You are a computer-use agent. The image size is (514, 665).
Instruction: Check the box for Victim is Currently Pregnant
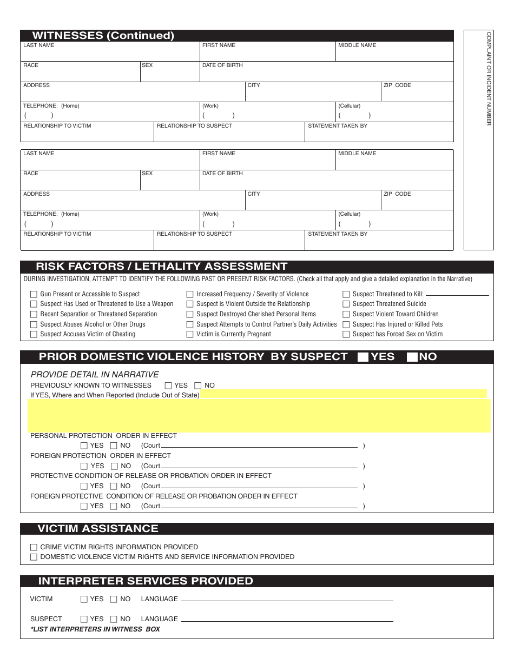click(x=190, y=335)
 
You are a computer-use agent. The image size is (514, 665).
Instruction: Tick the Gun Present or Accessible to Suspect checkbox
click(x=34, y=295)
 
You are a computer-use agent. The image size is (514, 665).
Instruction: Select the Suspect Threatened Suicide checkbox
click(x=346, y=304)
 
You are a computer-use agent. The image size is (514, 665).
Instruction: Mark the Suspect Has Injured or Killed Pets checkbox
click(x=346, y=324)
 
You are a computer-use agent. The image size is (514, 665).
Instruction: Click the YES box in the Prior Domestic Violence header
click(x=363, y=357)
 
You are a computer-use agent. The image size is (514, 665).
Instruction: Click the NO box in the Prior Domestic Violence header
click(x=412, y=357)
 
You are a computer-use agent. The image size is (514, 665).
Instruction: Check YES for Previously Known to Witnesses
click(x=168, y=385)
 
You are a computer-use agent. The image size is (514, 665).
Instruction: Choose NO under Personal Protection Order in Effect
click(x=114, y=446)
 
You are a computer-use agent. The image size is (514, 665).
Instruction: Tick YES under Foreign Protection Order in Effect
click(x=84, y=466)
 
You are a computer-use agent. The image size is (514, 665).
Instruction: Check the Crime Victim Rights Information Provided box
click(x=34, y=547)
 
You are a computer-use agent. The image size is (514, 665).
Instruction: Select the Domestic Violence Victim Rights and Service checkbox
click(x=34, y=557)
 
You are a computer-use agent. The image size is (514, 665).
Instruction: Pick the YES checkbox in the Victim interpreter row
click(x=84, y=599)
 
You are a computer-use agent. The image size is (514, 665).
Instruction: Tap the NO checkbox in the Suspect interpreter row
click(x=114, y=619)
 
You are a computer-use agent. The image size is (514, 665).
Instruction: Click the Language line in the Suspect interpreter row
click(x=287, y=619)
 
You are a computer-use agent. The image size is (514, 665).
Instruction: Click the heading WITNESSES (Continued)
click(x=103, y=36)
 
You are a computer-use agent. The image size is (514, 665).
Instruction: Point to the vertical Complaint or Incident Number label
click(x=489, y=78)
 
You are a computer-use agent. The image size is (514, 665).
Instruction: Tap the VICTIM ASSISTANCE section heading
click(x=98, y=529)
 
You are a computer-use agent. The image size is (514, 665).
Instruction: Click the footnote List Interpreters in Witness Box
click(x=95, y=629)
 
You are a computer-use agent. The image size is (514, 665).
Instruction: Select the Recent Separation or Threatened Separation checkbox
click(x=34, y=315)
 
